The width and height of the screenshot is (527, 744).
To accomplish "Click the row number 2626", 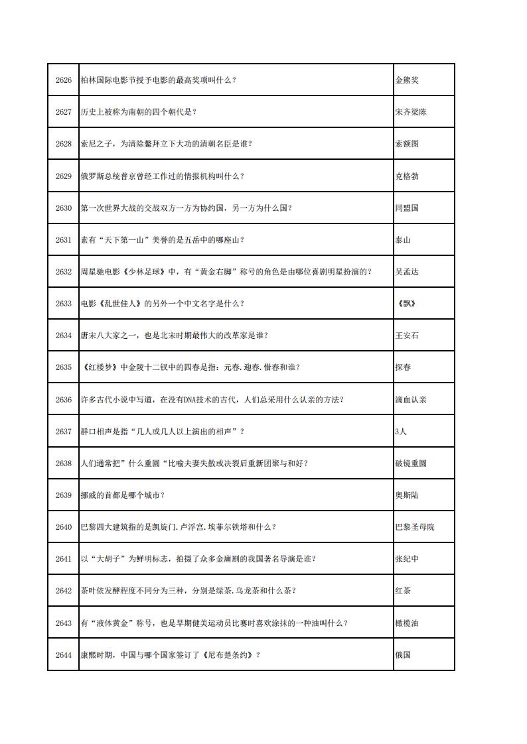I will pyautogui.click(x=63, y=80).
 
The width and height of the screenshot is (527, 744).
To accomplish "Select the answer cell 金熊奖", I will pyautogui.click(x=407, y=80).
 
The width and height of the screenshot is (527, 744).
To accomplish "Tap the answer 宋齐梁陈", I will pyautogui.click(x=411, y=112).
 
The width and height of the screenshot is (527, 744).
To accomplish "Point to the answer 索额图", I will pyautogui.click(x=407, y=144).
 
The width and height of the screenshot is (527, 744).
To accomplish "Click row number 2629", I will pyautogui.click(x=63, y=176).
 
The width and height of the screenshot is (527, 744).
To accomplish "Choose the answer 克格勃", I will pyautogui.click(x=407, y=176).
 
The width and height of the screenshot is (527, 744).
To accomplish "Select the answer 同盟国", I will pyautogui.click(x=407, y=208).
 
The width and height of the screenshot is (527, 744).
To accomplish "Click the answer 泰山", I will pyautogui.click(x=403, y=240).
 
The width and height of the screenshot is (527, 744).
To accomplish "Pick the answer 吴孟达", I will pyautogui.click(x=407, y=272).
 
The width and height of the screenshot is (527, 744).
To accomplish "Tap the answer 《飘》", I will pyautogui.click(x=408, y=304).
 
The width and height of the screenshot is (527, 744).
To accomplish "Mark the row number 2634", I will pyautogui.click(x=63, y=336).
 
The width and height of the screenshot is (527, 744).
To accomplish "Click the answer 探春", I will pyautogui.click(x=403, y=367).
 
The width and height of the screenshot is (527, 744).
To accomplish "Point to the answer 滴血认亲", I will pyautogui.click(x=411, y=399).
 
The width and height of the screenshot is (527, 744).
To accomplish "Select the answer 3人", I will pyautogui.click(x=400, y=431).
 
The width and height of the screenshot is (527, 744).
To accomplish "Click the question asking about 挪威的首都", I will pyautogui.click(x=122, y=495).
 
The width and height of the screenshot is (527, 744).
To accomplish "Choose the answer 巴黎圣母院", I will pyautogui.click(x=415, y=527).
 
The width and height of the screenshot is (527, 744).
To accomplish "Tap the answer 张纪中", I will pyautogui.click(x=407, y=559).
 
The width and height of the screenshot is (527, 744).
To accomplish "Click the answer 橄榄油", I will pyautogui.click(x=407, y=623).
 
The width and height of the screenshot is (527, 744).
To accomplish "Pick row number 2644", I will pyautogui.click(x=63, y=654).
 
